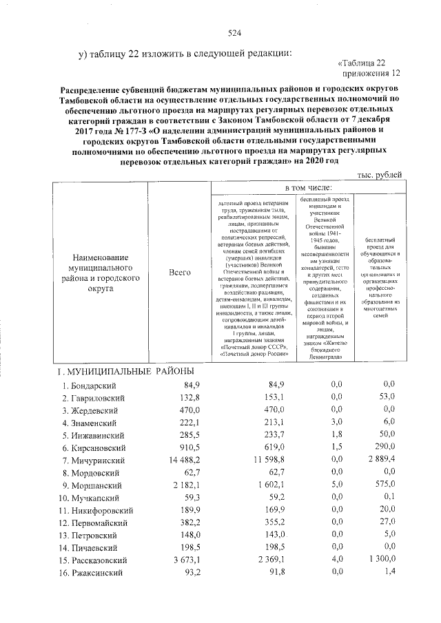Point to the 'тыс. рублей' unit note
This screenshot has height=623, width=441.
pyautogui.click(x=378, y=175)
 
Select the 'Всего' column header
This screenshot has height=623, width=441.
pyautogui.click(x=179, y=273)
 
